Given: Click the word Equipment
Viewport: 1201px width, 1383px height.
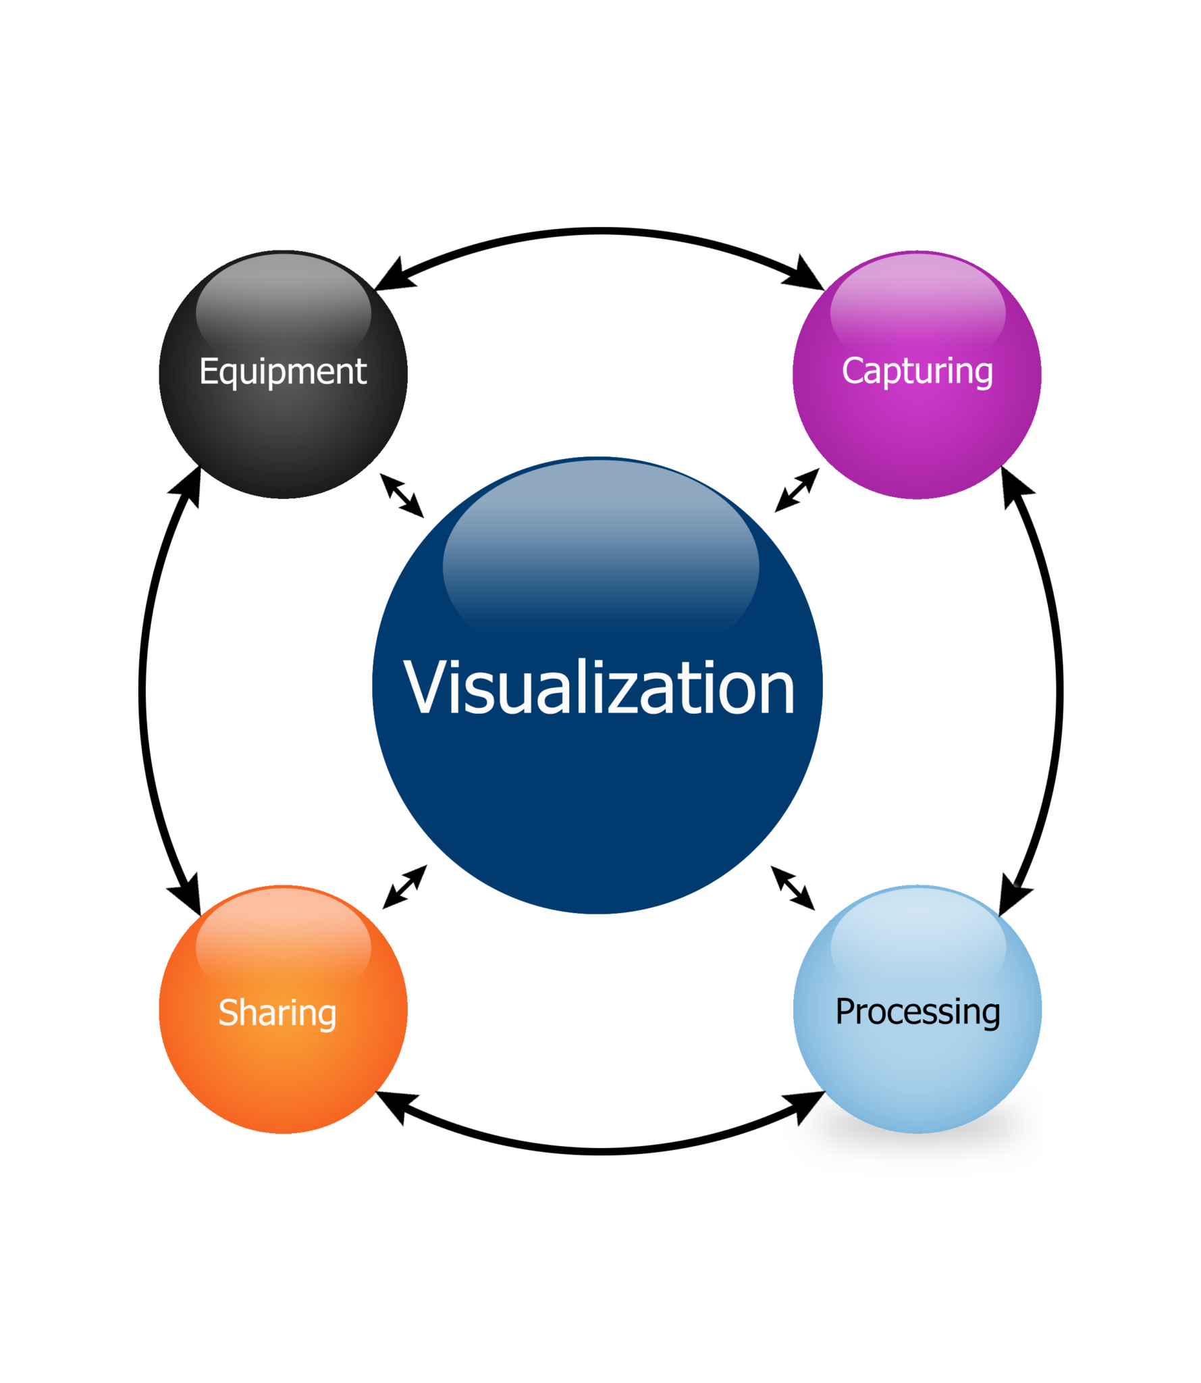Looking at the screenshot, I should coord(283,371).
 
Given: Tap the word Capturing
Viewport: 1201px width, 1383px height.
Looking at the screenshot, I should coord(917,371).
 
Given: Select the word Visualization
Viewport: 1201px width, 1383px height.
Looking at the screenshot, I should coord(599,687).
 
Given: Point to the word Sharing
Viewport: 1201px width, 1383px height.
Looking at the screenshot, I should coord(277,1012).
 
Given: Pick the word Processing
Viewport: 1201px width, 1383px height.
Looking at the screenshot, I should coord(917,1012).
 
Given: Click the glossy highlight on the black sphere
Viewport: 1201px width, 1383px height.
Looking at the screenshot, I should coord(283,304).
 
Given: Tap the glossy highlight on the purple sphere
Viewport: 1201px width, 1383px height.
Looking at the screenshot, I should coord(917,304).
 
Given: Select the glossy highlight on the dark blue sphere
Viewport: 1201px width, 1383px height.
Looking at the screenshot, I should coord(600,547).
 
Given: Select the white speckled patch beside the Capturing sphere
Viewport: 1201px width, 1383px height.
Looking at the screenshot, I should coord(816,287).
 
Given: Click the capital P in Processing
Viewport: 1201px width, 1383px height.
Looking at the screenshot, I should coord(846,1011).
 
